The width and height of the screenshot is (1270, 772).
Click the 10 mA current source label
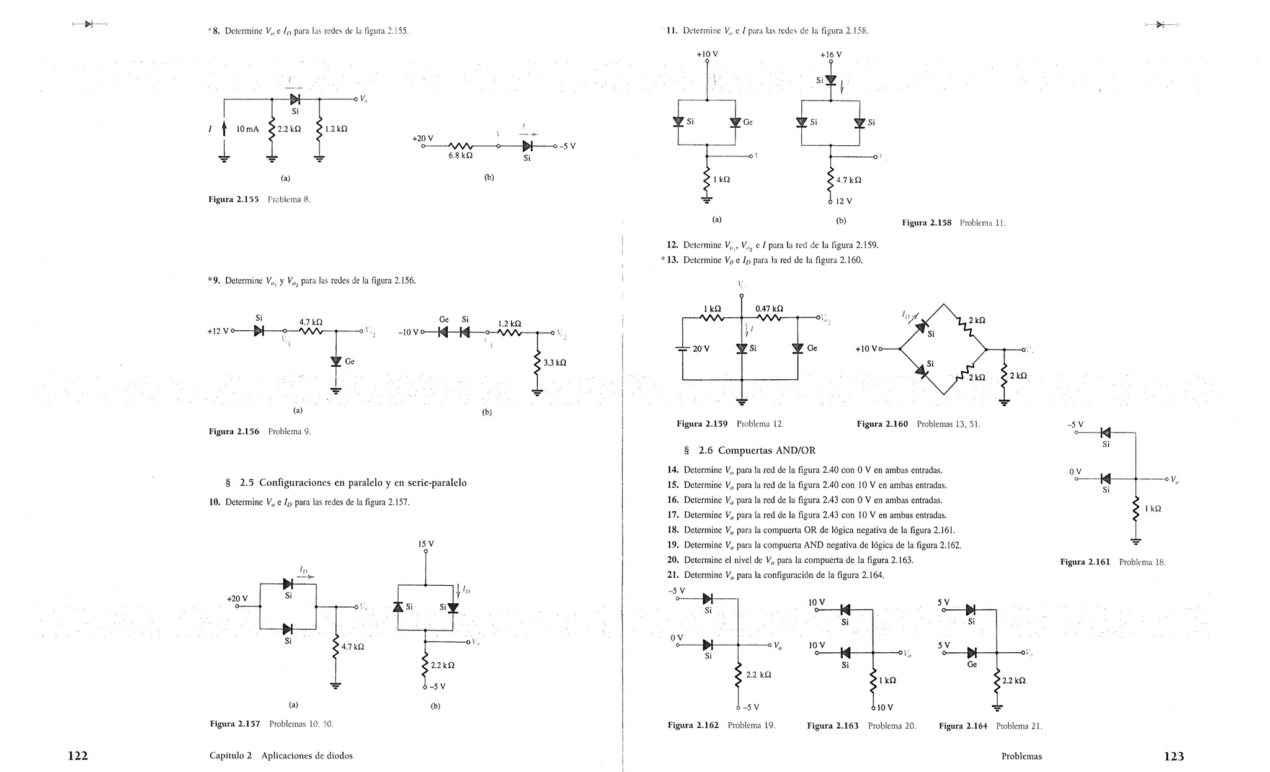(247, 129)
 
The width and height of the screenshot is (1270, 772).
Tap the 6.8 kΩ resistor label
(461, 156)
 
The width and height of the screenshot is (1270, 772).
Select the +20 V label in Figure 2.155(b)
(423, 138)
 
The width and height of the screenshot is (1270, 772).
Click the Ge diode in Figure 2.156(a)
(336, 361)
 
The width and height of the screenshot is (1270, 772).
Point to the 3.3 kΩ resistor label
(555, 362)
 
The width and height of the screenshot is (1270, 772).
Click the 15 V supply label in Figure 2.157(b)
(426, 544)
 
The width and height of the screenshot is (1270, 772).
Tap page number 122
(78, 756)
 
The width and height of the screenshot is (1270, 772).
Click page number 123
(1174, 756)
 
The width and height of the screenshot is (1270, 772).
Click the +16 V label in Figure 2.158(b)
(831, 55)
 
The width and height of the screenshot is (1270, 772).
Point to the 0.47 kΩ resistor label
(769, 308)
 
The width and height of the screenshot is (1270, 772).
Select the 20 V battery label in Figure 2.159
(701, 349)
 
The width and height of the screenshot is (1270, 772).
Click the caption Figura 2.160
(882, 424)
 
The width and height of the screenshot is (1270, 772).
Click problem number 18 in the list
(673, 530)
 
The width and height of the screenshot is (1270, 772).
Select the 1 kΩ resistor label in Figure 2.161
(1153, 509)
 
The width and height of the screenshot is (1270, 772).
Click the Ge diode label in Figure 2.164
(972, 664)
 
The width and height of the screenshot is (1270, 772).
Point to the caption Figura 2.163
(832, 725)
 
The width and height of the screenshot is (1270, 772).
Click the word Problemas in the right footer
(1021, 756)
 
